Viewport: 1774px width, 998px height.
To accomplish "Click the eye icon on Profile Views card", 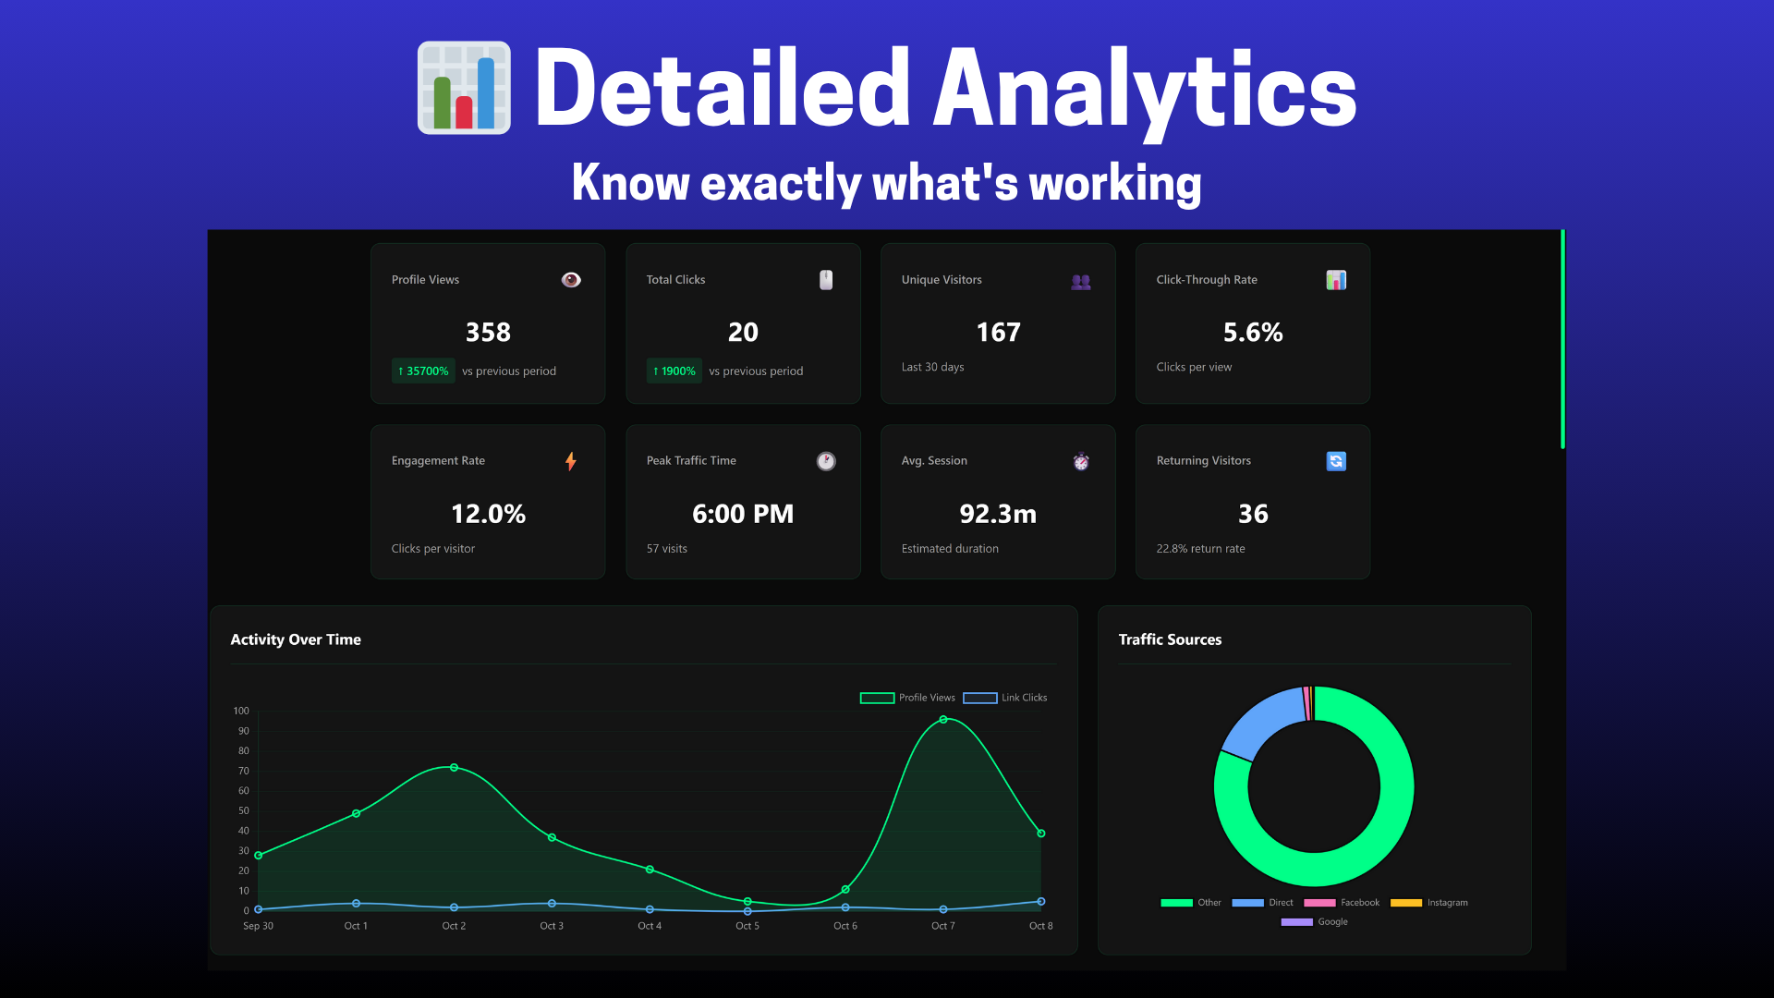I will [571, 280].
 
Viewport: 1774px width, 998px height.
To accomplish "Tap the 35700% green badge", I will [423, 371].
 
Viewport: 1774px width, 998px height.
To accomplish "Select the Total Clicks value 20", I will [743, 332].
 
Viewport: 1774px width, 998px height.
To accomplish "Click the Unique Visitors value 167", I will [998, 332].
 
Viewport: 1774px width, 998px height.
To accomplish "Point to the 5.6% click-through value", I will [1253, 332].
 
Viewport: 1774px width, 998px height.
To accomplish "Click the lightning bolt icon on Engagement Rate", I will [571, 461].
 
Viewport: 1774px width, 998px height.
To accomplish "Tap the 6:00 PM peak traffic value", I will [743, 514].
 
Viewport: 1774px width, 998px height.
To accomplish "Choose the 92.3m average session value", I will [998, 514].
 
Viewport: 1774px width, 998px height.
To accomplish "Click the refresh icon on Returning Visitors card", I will [1336, 461].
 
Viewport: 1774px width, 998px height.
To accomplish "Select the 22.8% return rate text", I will [1200, 549].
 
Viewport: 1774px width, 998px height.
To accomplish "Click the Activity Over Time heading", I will [296, 639].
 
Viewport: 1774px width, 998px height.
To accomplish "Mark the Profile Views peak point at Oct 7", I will [943, 719].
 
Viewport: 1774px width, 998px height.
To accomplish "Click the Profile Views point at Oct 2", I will [454, 767].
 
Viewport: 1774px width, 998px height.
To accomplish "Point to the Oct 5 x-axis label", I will [747, 926].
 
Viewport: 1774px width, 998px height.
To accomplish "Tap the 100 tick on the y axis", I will [241, 711].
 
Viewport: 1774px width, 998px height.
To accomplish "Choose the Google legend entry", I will [1315, 922].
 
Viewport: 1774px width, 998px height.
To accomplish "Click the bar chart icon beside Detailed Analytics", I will [464, 88].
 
